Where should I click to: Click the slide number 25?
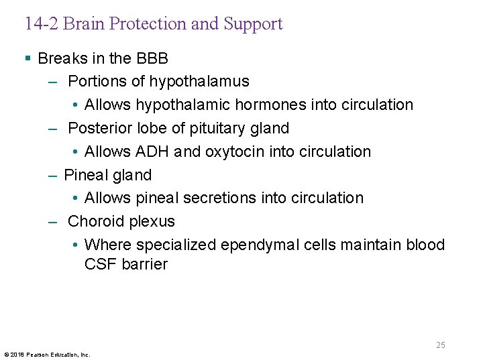coord(440,345)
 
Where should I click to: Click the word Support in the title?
coord(253,24)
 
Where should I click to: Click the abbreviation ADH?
coord(152,152)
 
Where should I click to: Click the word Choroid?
coord(96,221)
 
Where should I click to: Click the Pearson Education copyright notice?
coord(47,354)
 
